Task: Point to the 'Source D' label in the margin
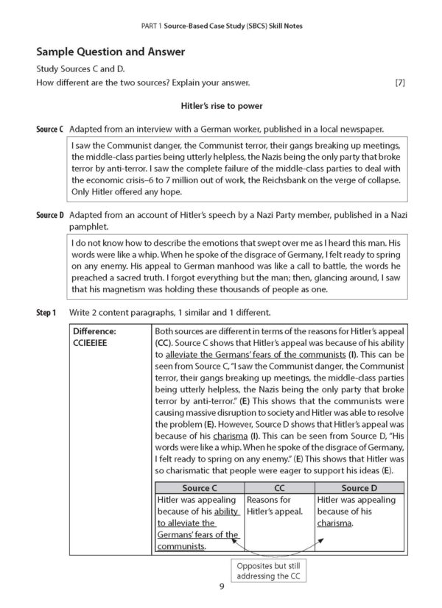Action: tap(49, 214)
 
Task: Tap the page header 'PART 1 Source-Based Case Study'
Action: tap(220, 26)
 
